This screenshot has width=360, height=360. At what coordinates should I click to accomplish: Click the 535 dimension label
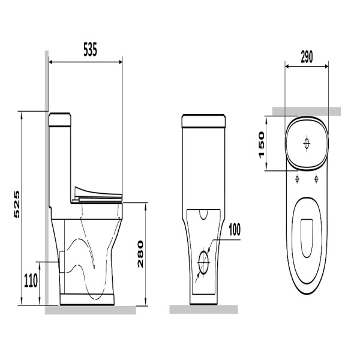tap(90, 49)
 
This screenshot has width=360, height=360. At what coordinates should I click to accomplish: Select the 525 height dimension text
tap(17, 205)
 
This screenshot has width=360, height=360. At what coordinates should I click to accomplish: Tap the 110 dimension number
tap(31, 281)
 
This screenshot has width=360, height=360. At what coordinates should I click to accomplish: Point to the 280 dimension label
tap(140, 254)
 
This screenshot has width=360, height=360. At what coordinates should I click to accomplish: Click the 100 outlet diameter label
tap(235, 230)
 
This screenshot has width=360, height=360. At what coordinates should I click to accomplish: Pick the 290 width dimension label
tap(307, 57)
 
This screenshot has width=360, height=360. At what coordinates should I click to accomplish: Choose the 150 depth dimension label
tap(262, 145)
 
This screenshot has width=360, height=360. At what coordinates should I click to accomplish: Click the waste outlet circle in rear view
tap(203, 262)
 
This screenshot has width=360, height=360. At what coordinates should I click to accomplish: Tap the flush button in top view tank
tap(307, 144)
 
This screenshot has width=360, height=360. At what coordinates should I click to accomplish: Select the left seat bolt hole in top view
tap(298, 178)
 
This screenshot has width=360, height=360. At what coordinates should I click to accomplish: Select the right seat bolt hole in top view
tap(316, 178)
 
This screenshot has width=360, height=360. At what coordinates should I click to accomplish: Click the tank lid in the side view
tap(59, 119)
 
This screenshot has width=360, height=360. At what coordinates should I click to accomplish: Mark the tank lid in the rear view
tap(203, 121)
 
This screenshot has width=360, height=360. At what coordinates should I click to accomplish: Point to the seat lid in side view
tap(98, 193)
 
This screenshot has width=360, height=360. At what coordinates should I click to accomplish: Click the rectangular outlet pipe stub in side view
tap(62, 262)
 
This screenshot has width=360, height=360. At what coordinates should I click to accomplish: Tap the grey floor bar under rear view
tap(203, 309)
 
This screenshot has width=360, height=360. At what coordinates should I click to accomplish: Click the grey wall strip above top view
tap(307, 112)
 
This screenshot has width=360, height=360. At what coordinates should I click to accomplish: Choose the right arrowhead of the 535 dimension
tap(120, 62)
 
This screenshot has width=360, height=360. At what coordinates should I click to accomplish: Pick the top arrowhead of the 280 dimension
tap(145, 206)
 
